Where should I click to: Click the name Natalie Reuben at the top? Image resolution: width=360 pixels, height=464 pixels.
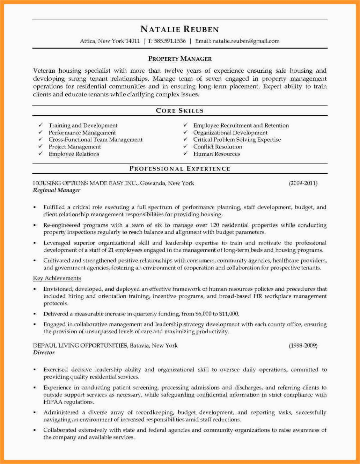[179, 29]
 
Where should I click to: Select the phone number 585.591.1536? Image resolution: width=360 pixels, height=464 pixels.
[170, 41]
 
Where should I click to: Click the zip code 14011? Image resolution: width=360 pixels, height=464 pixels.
[133, 41]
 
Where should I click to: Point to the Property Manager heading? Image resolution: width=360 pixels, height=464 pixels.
[180, 59]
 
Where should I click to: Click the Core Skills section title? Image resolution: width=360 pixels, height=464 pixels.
[179, 111]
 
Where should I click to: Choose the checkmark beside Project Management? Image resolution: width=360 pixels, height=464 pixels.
[41, 147]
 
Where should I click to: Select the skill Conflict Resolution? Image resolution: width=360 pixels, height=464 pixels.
[218, 147]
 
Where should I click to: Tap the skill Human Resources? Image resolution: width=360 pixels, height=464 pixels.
[216, 154]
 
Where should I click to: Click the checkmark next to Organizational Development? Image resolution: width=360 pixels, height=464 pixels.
[185, 132]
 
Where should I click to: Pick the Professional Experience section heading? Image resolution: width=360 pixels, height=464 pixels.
[180, 169]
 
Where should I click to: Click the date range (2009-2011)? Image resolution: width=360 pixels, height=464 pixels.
[303, 183]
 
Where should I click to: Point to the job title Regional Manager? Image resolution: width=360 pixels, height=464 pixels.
[57, 190]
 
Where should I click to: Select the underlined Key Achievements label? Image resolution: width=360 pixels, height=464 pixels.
[57, 278]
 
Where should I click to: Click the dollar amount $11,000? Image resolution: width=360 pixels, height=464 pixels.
[229, 314]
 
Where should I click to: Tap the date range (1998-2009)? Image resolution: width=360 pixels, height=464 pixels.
[303, 346]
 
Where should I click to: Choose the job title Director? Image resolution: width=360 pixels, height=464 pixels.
[44, 353]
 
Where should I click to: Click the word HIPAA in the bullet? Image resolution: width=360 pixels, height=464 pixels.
[53, 402]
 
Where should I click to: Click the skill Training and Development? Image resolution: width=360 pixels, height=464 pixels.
[83, 125]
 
